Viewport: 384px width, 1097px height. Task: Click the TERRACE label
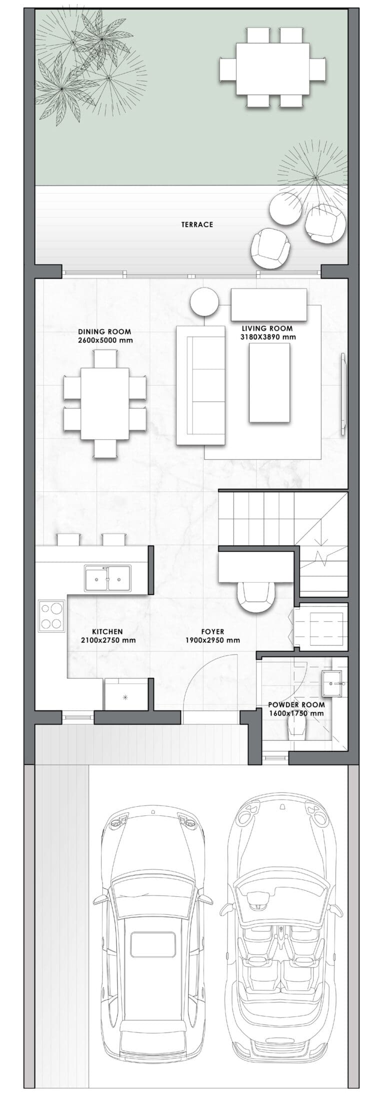click(197, 225)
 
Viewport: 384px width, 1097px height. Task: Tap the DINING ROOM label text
click(104, 332)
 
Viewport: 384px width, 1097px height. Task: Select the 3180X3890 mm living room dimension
click(267, 337)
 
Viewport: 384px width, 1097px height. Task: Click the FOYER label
click(212, 632)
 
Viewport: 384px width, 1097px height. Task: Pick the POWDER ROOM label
click(296, 705)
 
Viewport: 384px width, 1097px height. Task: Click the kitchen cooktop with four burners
click(52, 616)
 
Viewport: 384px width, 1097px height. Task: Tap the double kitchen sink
click(107, 579)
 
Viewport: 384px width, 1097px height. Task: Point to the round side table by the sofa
click(204, 302)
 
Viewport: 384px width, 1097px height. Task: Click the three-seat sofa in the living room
click(200, 385)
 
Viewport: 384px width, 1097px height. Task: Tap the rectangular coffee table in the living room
click(269, 383)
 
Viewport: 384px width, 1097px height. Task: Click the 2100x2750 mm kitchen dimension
click(108, 640)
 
